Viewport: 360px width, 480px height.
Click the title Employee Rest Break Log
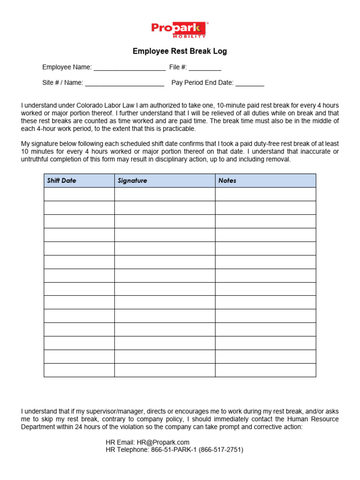180,51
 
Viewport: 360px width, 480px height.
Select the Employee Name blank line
129,67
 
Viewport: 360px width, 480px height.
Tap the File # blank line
205,67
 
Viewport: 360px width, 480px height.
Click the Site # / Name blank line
125,83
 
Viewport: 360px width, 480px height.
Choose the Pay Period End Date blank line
250,83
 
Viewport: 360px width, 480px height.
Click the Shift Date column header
61,180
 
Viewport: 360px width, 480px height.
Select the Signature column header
132,180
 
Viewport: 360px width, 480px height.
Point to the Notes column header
227,180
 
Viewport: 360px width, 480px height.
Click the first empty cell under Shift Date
79,194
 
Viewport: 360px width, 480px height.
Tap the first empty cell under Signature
165,194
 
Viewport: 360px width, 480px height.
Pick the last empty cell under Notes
265,370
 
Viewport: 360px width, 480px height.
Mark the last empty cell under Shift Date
79,370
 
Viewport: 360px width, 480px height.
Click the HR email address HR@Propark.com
163,442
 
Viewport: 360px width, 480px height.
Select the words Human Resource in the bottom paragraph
313,419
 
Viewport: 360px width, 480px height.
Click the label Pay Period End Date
202,83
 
